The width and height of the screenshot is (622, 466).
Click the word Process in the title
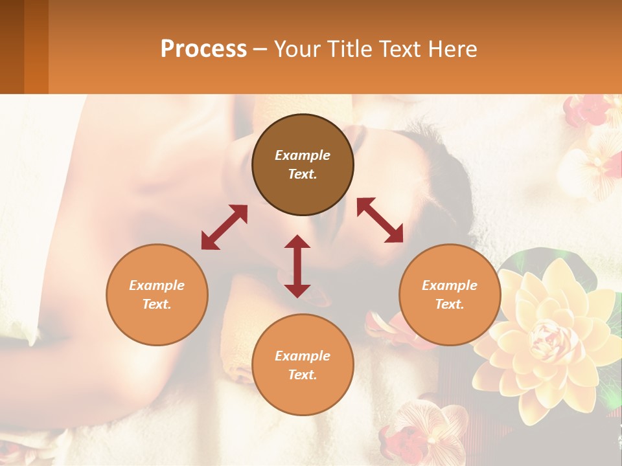(x=203, y=49)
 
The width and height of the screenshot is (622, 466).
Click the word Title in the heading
(x=348, y=49)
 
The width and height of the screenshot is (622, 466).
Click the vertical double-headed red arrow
(x=297, y=266)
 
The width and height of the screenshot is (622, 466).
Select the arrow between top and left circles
(x=224, y=227)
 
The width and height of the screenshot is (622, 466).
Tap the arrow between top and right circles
(x=380, y=220)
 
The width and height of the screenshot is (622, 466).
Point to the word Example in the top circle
(x=303, y=155)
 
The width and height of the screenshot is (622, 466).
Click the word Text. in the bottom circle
(x=303, y=375)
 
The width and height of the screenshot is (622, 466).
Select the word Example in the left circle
(x=157, y=285)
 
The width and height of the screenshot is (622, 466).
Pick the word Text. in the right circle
(x=450, y=304)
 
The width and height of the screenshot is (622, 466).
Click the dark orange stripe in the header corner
(x=36, y=47)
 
